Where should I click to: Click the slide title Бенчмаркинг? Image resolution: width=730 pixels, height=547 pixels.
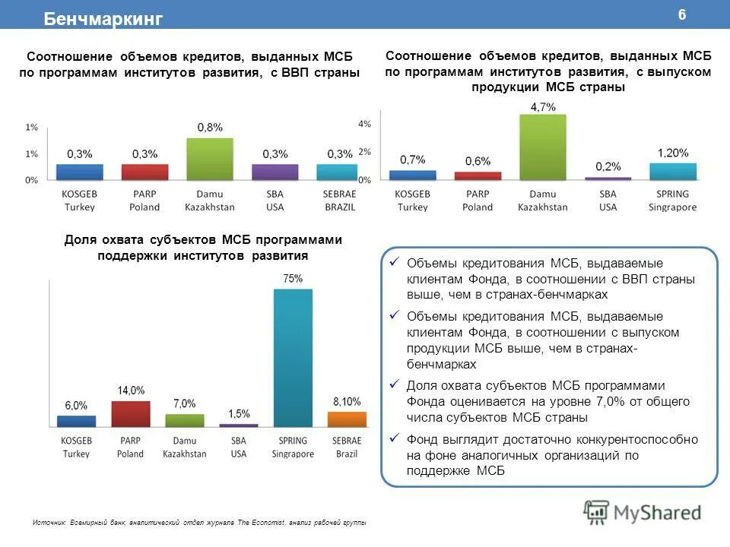point(103,19)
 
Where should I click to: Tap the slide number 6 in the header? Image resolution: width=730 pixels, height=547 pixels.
point(681,16)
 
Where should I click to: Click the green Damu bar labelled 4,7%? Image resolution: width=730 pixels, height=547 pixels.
point(543,147)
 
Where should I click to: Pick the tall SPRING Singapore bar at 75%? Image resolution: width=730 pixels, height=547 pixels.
point(293,357)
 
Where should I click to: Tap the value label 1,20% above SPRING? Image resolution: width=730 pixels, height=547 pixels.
point(673,152)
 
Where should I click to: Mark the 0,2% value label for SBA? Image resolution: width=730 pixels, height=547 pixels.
point(608,166)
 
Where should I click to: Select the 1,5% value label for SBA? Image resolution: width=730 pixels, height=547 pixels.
point(239,413)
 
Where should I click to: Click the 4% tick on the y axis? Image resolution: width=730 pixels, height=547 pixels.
point(364,123)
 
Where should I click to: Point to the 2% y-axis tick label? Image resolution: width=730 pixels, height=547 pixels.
point(364,151)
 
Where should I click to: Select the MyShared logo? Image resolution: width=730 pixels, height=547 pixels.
point(643,512)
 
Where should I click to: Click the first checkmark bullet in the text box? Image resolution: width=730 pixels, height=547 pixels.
point(394,263)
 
